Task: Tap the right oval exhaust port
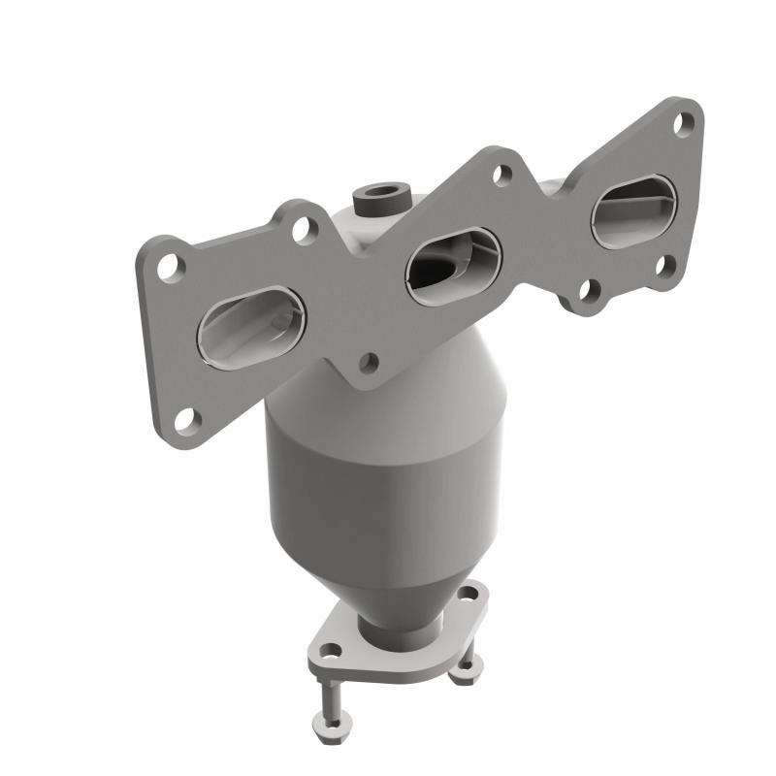point(633,209)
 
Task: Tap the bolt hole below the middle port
point(368,362)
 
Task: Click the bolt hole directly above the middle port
point(501,176)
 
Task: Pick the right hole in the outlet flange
point(469,593)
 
